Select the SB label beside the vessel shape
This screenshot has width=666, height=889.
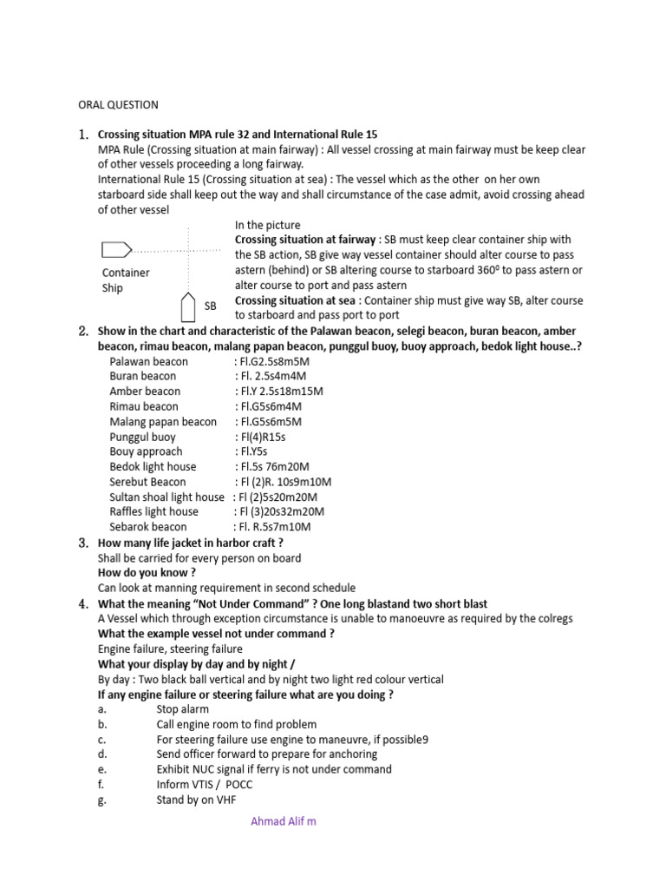coord(211,306)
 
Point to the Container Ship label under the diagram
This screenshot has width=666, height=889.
coord(125,280)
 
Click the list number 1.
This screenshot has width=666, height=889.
coord(83,135)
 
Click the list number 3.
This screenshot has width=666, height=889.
coord(83,543)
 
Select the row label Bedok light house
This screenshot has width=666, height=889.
coord(153,467)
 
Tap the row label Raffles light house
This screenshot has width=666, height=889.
coord(153,512)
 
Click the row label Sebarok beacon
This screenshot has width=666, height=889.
coord(147,527)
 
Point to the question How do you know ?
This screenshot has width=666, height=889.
coord(147,573)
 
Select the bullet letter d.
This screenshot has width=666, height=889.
coord(102,754)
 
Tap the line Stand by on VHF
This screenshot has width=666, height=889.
coord(195,800)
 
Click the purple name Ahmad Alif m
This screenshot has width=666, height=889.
coord(284,821)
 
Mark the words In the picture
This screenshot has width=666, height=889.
coord(268,225)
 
